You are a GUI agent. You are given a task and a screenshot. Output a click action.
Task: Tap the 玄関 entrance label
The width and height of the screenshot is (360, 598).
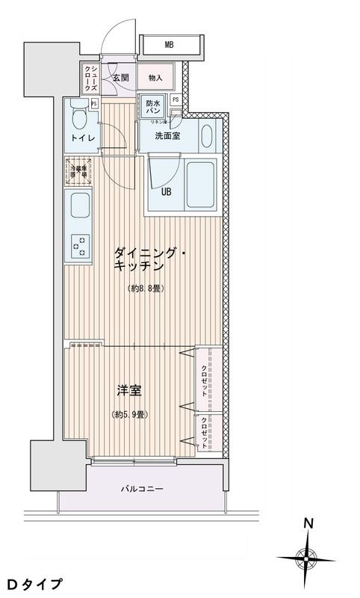pos(121,76)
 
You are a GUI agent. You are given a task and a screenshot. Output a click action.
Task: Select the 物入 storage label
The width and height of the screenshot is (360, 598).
pos(155,76)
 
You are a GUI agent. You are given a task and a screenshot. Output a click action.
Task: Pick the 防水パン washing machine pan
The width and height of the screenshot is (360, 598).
pos(152,108)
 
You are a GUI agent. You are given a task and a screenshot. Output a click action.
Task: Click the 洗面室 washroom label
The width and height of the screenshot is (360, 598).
pos(167,136)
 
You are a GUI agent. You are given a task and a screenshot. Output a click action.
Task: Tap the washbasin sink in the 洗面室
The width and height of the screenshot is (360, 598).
pos(208,135)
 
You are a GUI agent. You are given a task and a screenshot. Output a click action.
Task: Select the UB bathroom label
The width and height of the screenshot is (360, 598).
pos(169,190)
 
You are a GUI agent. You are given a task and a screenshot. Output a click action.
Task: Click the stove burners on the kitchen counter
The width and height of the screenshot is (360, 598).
pos(78,244)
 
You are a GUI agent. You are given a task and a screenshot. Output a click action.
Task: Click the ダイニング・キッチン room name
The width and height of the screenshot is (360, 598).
pos(149,260)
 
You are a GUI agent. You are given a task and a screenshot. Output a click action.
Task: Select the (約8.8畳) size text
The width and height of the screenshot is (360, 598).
pos(144,288)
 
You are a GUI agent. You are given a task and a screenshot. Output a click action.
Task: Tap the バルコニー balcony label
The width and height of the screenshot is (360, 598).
pos(142,490)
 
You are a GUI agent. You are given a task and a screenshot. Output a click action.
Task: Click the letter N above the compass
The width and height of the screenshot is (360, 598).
pos(307,525)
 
